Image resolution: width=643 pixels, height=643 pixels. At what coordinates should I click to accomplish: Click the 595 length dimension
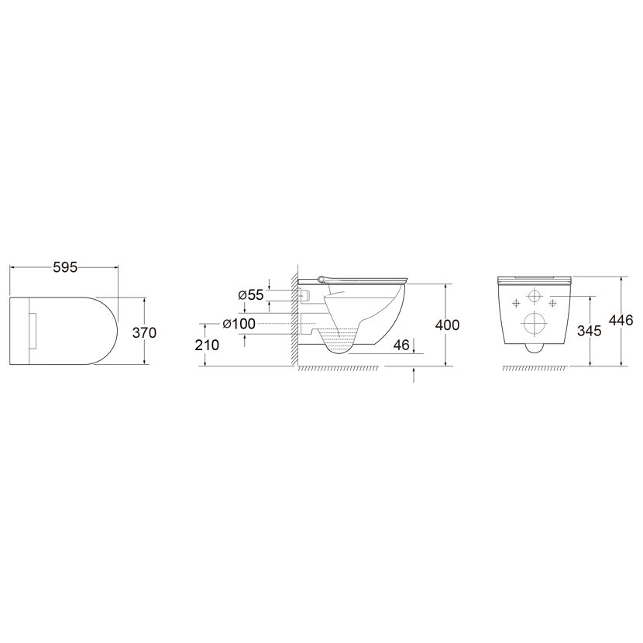click(x=65, y=267)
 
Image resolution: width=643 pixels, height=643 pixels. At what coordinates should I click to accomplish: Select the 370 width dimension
click(x=144, y=332)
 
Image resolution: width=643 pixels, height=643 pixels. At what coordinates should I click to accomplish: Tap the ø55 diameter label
click(x=250, y=295)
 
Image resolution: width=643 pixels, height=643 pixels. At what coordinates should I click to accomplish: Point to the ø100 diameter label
click(x=239, y=324)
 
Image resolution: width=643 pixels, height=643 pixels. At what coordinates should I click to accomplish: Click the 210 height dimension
click(x=207, y=345)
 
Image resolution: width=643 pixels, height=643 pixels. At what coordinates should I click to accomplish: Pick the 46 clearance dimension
click(x=401, y=345)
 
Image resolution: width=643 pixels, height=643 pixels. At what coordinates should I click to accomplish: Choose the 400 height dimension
click(x=447, y=325)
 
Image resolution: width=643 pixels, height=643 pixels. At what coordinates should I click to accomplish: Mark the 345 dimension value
click(x=590, y=331)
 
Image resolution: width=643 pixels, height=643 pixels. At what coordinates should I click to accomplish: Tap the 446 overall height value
click(x=621, y=320)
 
